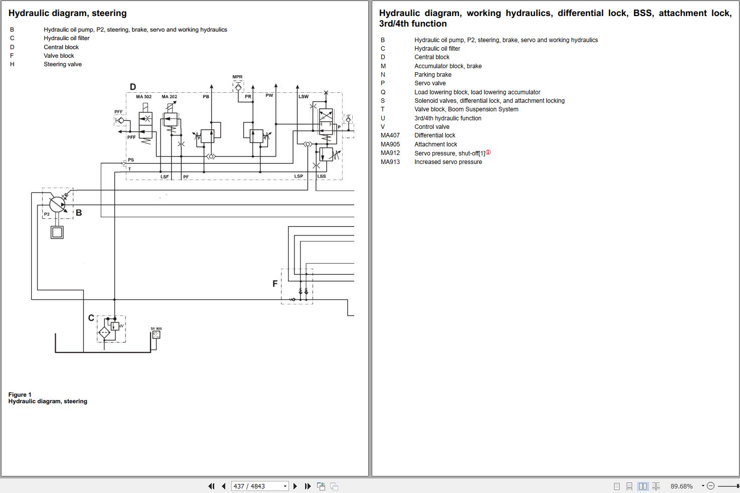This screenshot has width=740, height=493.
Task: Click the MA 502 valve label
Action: [x=143, y=97]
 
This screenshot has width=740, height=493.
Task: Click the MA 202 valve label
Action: [x=169, y=97]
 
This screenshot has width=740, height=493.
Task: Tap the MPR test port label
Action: [x=237, y=77]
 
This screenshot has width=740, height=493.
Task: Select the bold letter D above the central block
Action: [x=133, y=87]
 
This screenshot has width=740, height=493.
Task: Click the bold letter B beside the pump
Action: [x=79, y=213]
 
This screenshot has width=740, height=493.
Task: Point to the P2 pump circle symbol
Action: [x=57, y=205]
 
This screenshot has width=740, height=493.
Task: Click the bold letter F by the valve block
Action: [x=275, y=284]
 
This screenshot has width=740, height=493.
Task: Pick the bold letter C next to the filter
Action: [x=91, y=318]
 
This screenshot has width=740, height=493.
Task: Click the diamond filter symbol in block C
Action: [x=104, y=332]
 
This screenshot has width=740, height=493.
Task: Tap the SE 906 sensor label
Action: [x=156, y=328]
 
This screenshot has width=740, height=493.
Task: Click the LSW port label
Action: [x=304, y=97]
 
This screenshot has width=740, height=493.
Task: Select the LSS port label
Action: [x=322, y=177]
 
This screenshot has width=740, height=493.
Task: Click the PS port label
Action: [x=131, y=160]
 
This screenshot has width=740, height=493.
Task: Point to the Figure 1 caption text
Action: [x=20, y=395]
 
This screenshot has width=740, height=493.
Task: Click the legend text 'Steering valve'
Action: [x=63, y=64]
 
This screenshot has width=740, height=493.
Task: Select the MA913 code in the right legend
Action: [x=390, y=162]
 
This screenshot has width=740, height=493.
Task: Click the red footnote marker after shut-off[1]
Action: [x=488, y=152]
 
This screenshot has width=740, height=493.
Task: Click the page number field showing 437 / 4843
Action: [x=260, y=486]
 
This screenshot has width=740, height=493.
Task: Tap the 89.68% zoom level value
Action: [x=681, y=486]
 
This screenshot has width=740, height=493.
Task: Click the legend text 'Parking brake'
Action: [x=433, y=75]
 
